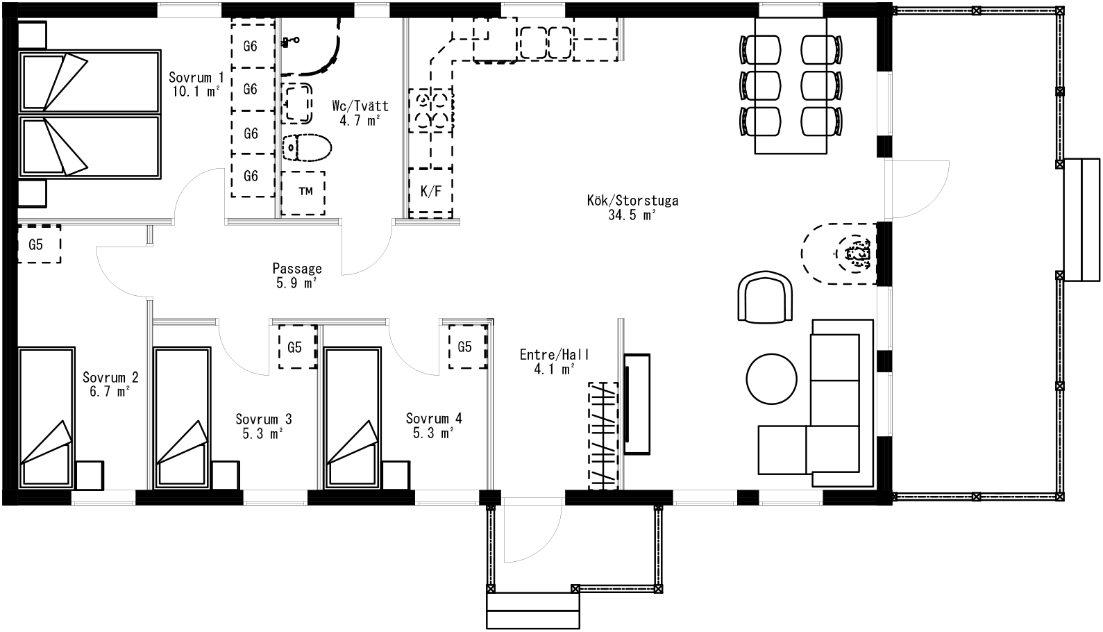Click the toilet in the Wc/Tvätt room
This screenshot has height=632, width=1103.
coord(307,147)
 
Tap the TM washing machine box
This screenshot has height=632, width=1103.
coord(303,192)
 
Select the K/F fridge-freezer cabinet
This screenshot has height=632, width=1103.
coord(431,192)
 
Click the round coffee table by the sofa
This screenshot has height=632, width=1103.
coord(771,379)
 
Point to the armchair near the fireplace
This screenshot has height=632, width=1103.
coord(765,297)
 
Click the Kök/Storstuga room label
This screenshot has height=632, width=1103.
coord(632,201)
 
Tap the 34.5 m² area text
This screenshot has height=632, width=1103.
coord(632,215)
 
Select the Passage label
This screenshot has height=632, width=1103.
coord(297,269)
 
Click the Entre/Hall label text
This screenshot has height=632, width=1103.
coord(555,354)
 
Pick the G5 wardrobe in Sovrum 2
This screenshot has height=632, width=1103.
coord(40,244)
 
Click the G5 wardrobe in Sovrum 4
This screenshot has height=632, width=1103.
coord(467,347)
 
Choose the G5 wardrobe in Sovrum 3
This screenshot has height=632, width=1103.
coord(297,347)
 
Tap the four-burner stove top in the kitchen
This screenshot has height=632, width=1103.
coord(431,110)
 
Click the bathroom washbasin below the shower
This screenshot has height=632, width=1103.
coord(297,103)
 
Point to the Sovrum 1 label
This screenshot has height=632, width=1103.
coord(196,77)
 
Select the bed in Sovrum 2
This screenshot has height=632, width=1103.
coord(47,417)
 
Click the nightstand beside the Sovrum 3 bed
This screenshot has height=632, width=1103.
coord(226,475)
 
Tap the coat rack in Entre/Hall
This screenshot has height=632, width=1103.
coord(603,436)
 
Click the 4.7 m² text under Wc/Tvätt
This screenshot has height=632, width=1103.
coord(360,120)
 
